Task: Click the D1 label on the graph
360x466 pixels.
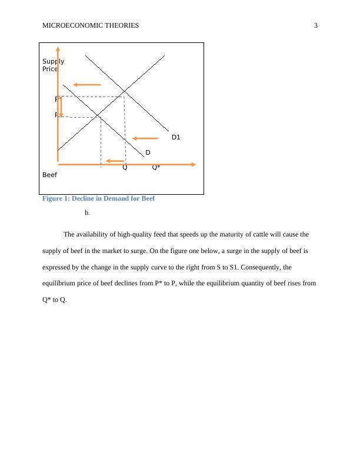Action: (x=176, y=137)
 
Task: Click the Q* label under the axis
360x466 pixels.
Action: (x=156, y=167)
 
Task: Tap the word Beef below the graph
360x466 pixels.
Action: (x=49, y=175)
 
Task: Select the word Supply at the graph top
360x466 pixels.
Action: (x=53, y=61)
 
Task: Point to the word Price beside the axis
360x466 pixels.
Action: (x=49, y=69)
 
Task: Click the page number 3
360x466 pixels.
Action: (x=316, y=25)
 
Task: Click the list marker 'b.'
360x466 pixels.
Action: (x=87, y=212)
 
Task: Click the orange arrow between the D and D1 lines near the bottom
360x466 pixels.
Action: (x=145, y=138)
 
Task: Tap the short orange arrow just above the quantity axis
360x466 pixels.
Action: (x=115, y=161)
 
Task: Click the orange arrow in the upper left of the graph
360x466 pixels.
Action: (x=87, y=85)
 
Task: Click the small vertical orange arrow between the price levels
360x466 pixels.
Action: (x=61, y=106)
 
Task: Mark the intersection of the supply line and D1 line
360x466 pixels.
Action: (x=124, y=92)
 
